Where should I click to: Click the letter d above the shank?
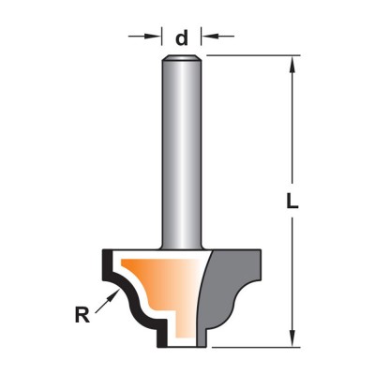click(x=182, y=38)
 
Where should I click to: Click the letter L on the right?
click(x=292, y=201)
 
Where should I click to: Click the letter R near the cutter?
click(x=82, y=315)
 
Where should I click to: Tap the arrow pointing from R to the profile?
click(x=108, y=301)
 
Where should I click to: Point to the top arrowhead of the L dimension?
click(x=292, y=65)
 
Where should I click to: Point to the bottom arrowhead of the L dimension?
click(x=292, y=338)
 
